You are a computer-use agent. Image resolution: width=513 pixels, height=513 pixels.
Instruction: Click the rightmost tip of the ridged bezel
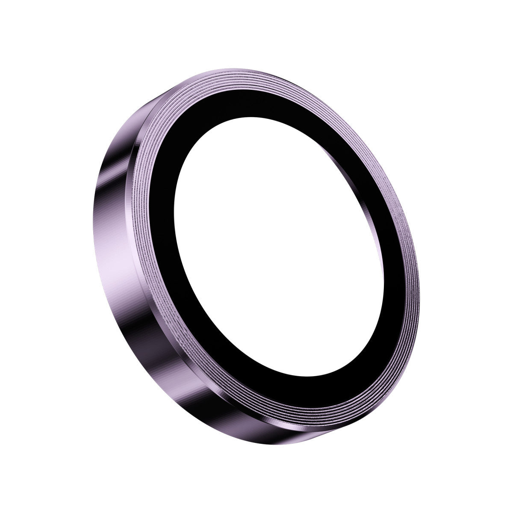click(419, 274)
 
